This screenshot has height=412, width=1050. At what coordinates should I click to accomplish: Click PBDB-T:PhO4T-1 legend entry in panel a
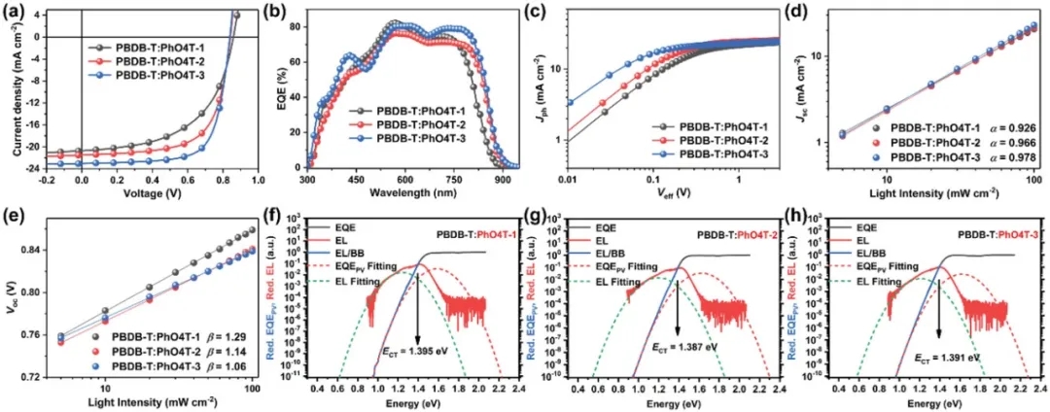160,47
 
